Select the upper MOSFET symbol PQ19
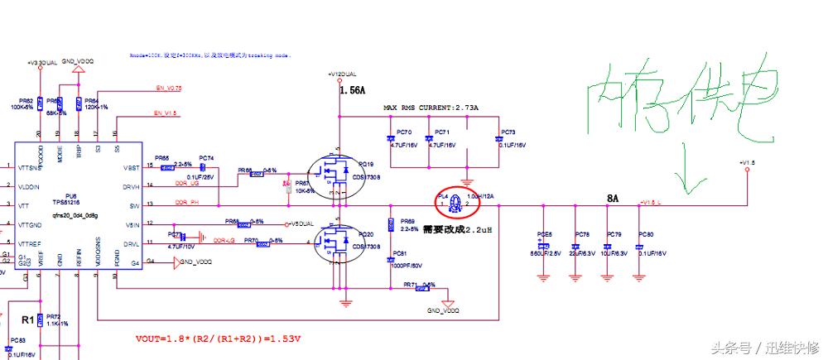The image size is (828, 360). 336,173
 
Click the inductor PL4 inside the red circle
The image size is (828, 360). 454,199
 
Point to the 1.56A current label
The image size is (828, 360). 351,94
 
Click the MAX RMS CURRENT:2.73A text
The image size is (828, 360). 430,108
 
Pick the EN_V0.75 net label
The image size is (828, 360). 168,88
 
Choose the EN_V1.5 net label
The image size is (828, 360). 165,113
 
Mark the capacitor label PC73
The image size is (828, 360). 508,132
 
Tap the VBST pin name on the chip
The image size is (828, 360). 131,167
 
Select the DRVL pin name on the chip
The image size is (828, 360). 131,243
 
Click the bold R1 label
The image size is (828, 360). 27,318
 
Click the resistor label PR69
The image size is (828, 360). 407,221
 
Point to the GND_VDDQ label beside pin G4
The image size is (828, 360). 194,262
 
